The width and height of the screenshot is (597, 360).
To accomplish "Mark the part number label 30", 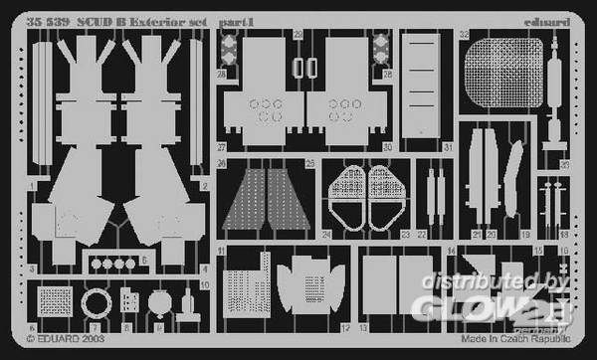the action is tap(388, 147).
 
